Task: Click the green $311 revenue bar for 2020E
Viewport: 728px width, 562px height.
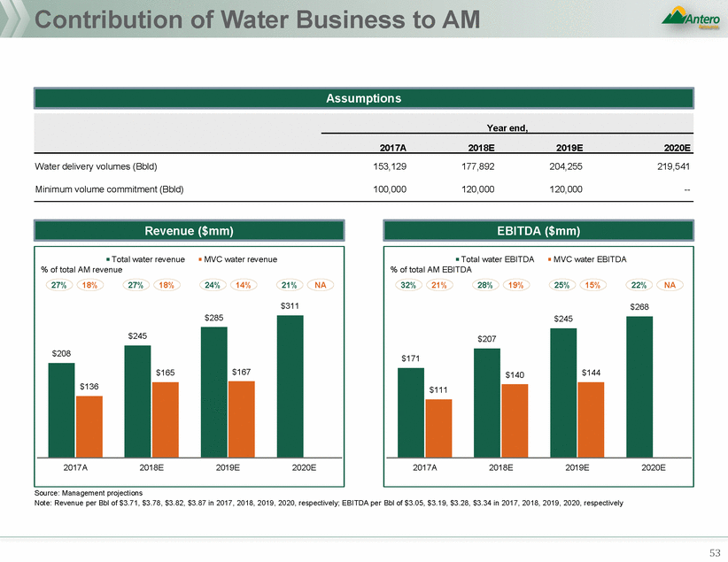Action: coord(290,385)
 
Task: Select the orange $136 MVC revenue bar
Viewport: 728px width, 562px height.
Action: coord(89,426)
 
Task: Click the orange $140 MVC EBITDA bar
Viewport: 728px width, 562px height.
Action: coord(515,420)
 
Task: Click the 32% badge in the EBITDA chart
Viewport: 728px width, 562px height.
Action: coord(407,286)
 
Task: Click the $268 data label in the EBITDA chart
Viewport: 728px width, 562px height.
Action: coord(639,307)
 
